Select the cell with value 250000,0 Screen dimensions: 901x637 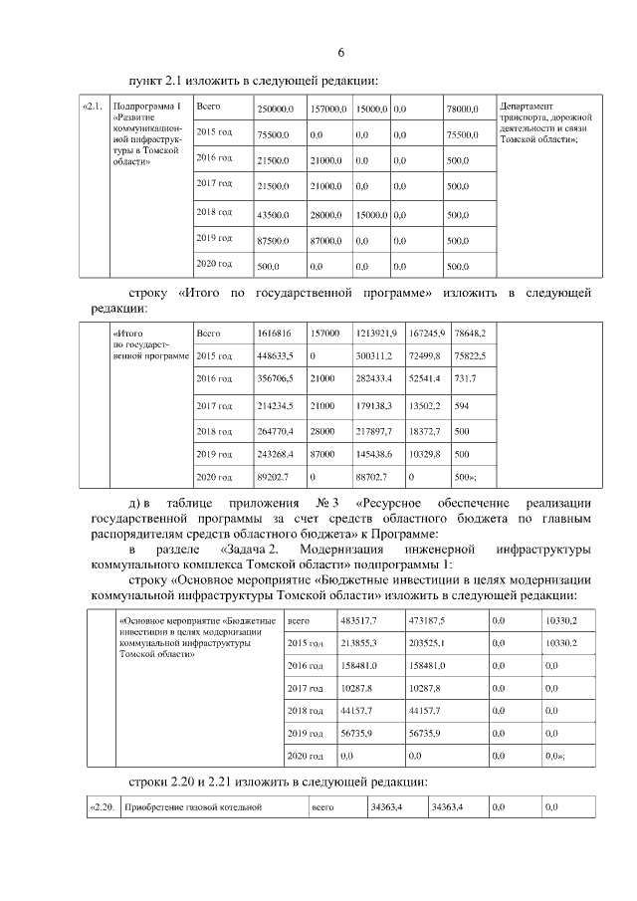[275, 108]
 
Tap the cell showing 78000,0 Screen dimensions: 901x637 [463, 108]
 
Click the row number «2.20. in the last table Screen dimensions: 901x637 [103, 806]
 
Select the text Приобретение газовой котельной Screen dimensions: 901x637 [191, 806]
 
